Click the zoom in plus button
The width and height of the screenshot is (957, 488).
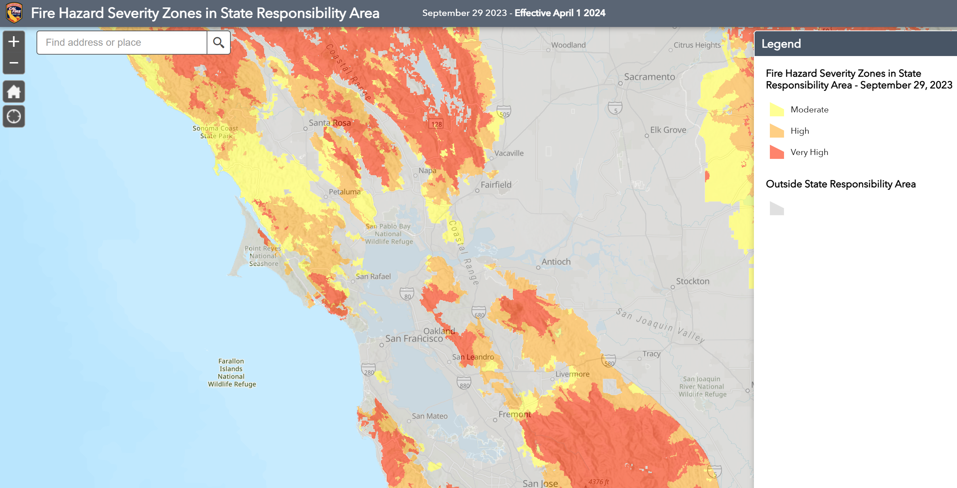[x=14, y=41]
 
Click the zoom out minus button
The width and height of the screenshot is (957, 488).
[x=14, y=63]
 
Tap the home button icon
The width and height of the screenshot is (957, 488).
[x=14, y=91]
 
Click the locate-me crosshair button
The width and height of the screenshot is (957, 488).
[x=14, y=116]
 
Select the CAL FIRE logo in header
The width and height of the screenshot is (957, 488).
[x=14, y=13]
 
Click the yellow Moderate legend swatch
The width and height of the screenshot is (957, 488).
[x=777, y=110]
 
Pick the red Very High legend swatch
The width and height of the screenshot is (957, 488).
[x=777, y=152]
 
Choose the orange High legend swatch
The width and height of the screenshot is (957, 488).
[x=777, y=131]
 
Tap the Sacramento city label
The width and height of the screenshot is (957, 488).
[x=649, y=77]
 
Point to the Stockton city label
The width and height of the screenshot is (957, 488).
[x=693, y=281]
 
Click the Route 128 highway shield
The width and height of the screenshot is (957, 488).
[x=437, y=124]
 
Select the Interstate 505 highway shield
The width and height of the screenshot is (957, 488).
[x=504, y=112]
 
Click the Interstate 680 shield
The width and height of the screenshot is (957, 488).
[x=479, y=312]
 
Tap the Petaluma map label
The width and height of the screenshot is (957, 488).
[x=345, y=192]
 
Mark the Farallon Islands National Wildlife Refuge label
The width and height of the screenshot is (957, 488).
[x=231, y=372]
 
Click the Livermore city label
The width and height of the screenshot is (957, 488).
[x=572, y=374]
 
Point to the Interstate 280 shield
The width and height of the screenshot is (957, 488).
[x=369, y=370]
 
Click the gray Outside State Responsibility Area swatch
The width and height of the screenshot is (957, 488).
[x=777, y=209]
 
